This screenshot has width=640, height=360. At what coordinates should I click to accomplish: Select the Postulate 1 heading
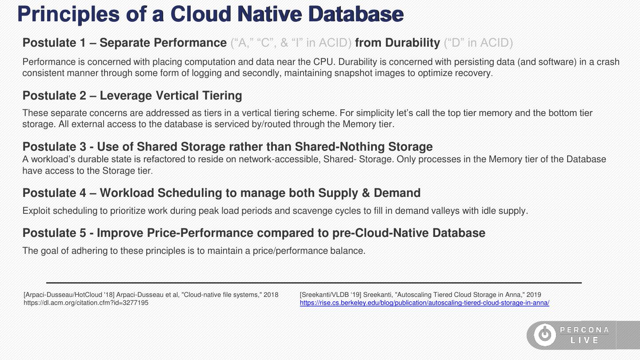click(124, 43)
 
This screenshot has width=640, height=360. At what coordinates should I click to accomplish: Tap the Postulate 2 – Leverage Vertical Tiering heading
click(132, 96)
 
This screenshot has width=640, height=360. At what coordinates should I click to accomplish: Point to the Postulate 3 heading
click(227, 147)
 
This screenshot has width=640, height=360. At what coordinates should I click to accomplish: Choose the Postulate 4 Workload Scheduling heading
click(221, 193)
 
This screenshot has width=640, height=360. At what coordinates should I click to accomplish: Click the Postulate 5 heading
click(253, 233)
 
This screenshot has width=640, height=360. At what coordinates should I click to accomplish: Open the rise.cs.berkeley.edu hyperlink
click(424, 303)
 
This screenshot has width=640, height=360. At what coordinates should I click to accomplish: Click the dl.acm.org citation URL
click(86, 303)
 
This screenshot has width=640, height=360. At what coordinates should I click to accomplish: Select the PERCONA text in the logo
click(584, 330)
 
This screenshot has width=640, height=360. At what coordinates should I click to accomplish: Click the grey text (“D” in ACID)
click(478, 43)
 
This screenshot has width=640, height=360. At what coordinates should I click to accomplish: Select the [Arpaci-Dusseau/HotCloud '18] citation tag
click(68, 295)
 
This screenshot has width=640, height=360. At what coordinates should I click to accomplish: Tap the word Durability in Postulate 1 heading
click(412, 43)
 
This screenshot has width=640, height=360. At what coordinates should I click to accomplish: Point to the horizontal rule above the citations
click(314, 283)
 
